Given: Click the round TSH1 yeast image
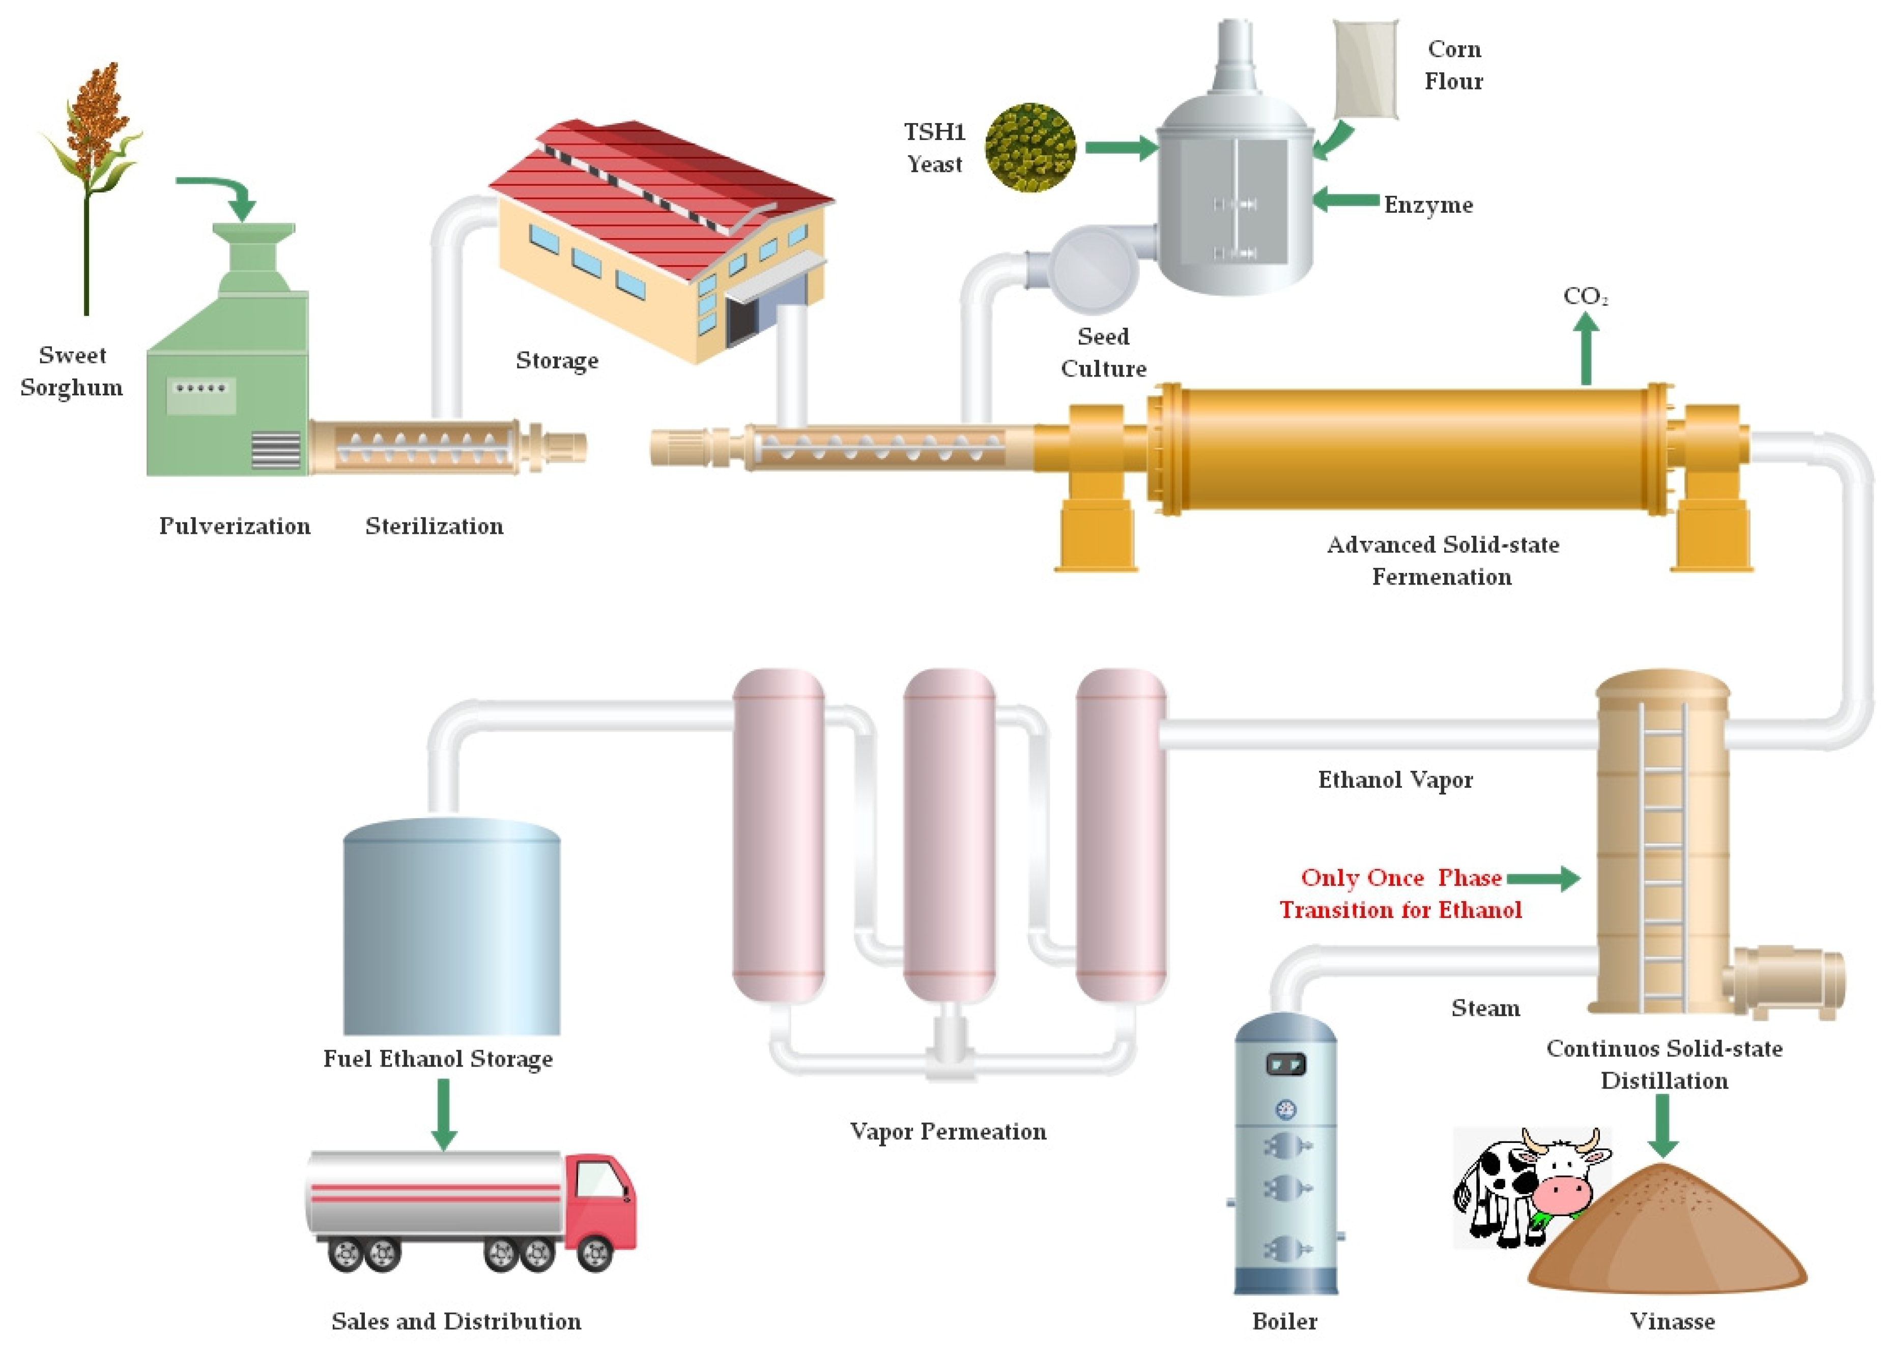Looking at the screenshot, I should (x=1030, y=148).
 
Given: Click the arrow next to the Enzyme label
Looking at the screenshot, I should (x=1344, y=200).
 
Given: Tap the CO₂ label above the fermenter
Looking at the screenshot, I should (x=1584, y=296).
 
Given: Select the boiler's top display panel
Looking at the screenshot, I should (x=1285, y=1063).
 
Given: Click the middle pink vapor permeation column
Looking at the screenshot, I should (x=949, y=832).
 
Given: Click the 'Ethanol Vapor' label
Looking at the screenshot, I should (x=1395, y=780).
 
